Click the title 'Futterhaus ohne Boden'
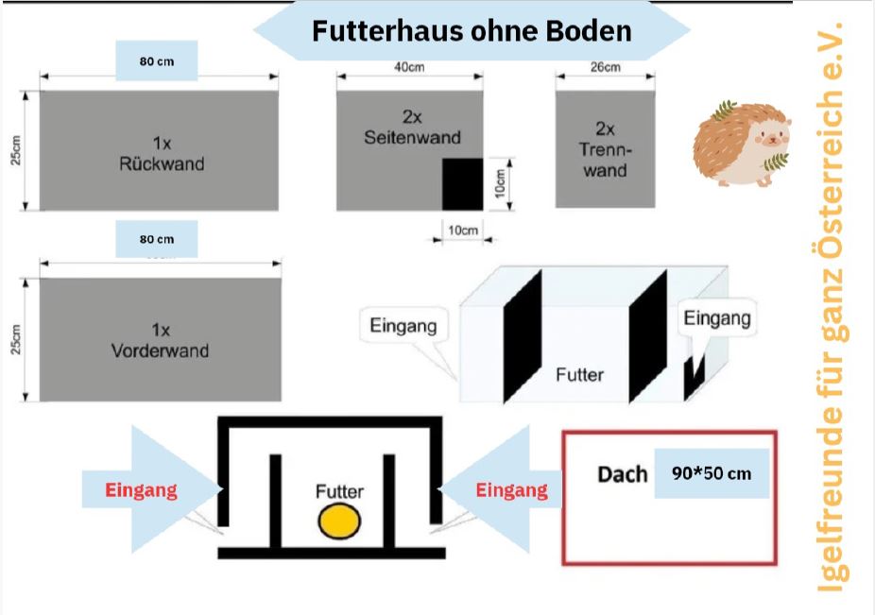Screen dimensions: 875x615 pyautogui.click(x=472, y=30)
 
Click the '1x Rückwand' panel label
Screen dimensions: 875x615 pyautogui.click(x=162, y=153)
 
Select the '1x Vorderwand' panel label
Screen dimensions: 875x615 pyautogui.click(x=160, y=340)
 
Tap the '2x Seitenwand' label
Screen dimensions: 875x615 pyautogui.click(x=412, y=128)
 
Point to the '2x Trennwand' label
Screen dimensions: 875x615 pyautogui.click(x=605, y=149)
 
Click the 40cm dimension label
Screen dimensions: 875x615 pyautogui.click(x=409, y=67)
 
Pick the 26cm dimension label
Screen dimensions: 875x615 pyautogui.click(x=606, y=67)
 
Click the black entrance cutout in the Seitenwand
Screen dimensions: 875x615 pyautogui.click(x=463, y=184)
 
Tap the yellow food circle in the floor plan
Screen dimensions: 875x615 pyautogui.click(x=339, y=521)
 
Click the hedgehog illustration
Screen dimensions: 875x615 pyautogui.click(x=742, y=144)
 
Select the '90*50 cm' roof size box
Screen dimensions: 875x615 pyautogui.click(x=712, y=473)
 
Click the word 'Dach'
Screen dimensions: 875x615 pyautogui.click(x=622, y=474)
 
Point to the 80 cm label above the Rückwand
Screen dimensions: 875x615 pyautogui.click(x=157, y=60)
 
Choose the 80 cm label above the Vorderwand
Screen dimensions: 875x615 pyautogui.click(x=157, y=239)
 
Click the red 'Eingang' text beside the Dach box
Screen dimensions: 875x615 pyautogui.click(x=512, y=490)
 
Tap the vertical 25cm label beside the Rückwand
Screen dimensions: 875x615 pyautogui.click(x=16, y=151)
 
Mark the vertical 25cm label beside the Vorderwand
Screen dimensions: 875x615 pyautogui.click(x=16, y=339)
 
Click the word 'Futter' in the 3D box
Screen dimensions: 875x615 pyautogui.click(x=580, y=374)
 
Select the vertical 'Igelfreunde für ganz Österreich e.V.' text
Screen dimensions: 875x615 pyautogui.click(x=831, y=307)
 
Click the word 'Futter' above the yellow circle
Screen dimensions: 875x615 pyautogui.click(x=339, y=491)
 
